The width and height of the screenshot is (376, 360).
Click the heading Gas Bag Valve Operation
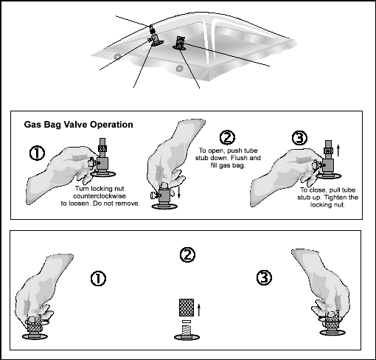point(78,125)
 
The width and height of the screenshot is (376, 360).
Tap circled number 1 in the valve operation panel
point(37,153)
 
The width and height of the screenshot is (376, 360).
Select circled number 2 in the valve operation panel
point(227,137)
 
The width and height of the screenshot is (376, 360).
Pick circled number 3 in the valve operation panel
point(299,138)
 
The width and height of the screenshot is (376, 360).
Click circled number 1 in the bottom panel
point(98,279)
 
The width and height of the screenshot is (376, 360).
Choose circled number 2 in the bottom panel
point(187,255)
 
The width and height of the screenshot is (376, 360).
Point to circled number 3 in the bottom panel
point(264,278)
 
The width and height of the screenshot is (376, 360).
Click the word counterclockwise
point(100,196)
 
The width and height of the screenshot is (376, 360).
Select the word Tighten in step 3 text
point(336,198)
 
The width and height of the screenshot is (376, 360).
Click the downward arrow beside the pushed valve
point(179,192)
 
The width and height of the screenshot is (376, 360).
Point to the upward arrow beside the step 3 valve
point(338,150)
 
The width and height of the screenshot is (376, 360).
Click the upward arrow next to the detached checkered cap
point(199,310)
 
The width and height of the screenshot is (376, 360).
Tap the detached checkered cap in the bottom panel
point(187,308)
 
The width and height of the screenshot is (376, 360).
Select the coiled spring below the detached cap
point(187,330)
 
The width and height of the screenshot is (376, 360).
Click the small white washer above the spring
point(187,322)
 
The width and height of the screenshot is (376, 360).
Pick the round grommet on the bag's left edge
point(117,57)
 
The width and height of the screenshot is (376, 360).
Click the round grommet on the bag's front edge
point(180,68)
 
